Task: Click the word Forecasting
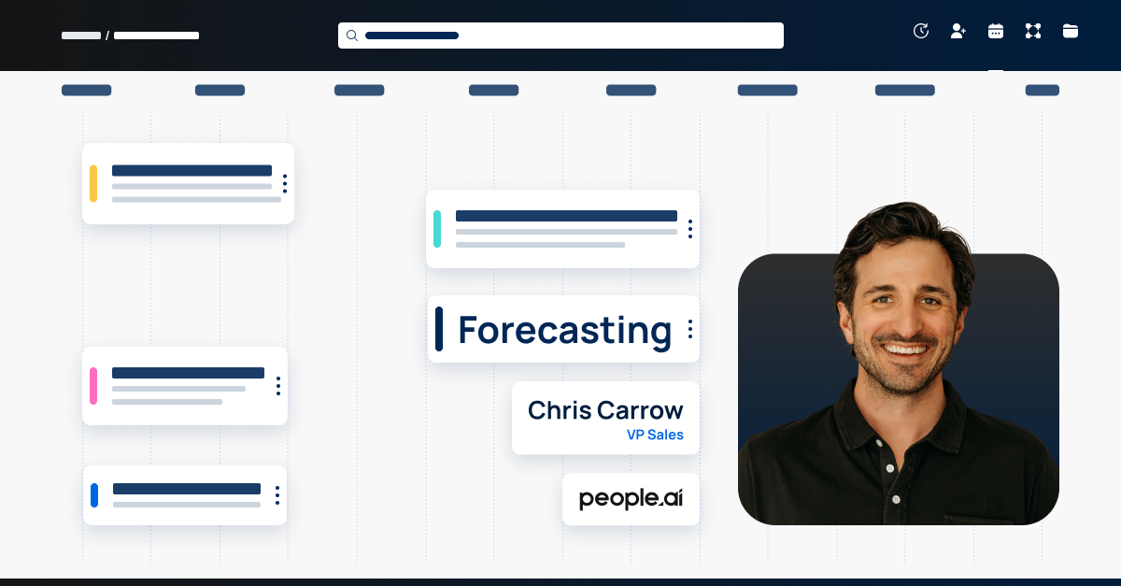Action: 564,330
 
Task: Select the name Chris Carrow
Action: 605,410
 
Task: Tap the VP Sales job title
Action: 655,435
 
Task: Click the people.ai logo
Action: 631,499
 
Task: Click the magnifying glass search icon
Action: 352,36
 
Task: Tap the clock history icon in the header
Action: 921,31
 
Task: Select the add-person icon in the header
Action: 958,31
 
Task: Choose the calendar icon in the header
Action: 996,31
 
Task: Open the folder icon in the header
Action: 1071,31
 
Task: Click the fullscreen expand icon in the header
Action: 1033,31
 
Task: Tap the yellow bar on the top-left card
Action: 93,183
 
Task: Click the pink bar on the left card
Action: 93,386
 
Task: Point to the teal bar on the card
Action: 437,229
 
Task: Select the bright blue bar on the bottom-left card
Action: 94,495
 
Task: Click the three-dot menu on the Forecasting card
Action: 689,329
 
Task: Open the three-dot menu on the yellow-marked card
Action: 285,183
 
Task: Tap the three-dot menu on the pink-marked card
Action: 277,386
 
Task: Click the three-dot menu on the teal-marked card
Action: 689,229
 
